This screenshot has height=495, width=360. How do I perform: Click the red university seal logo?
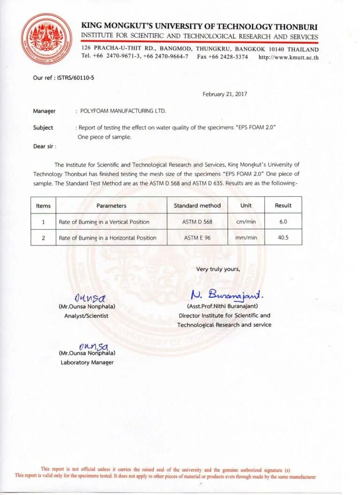click(x=46, y=38)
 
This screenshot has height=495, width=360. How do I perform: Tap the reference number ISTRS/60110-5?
click(x=73, y=77)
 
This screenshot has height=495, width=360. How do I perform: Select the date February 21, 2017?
click(x=225, y=94)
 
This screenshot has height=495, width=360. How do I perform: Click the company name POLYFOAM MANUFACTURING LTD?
click(x=123, y=111)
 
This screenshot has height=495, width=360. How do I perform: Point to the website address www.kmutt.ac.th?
click(x=288, y=57)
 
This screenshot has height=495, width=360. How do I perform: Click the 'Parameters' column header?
click(x=111, y=206)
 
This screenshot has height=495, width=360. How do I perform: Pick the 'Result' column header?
click(x=283, y=206)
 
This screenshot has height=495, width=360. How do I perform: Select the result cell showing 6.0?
click(x=283, y=222)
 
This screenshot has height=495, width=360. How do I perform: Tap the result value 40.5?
click(x=283, y=237)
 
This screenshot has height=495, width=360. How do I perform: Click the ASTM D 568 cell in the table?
click(x=197, y=222)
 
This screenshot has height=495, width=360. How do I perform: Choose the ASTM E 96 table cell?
click(x=197, y=237)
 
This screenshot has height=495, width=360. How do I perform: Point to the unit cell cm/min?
click(x=246, y=222)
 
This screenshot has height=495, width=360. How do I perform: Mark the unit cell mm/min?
click(x=246, y=237)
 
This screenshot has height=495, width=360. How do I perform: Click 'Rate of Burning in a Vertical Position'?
click(x=104, y=222)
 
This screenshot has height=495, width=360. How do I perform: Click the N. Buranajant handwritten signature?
click(x=227, y=295)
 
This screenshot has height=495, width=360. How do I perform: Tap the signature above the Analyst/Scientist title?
click(x=90, y=297)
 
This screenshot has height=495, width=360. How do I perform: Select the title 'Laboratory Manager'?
click(x=87, y=362)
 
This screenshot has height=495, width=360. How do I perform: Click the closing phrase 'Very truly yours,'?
click(x=218, y=269)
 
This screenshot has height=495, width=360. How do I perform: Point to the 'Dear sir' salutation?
click(x=45, y=146)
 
